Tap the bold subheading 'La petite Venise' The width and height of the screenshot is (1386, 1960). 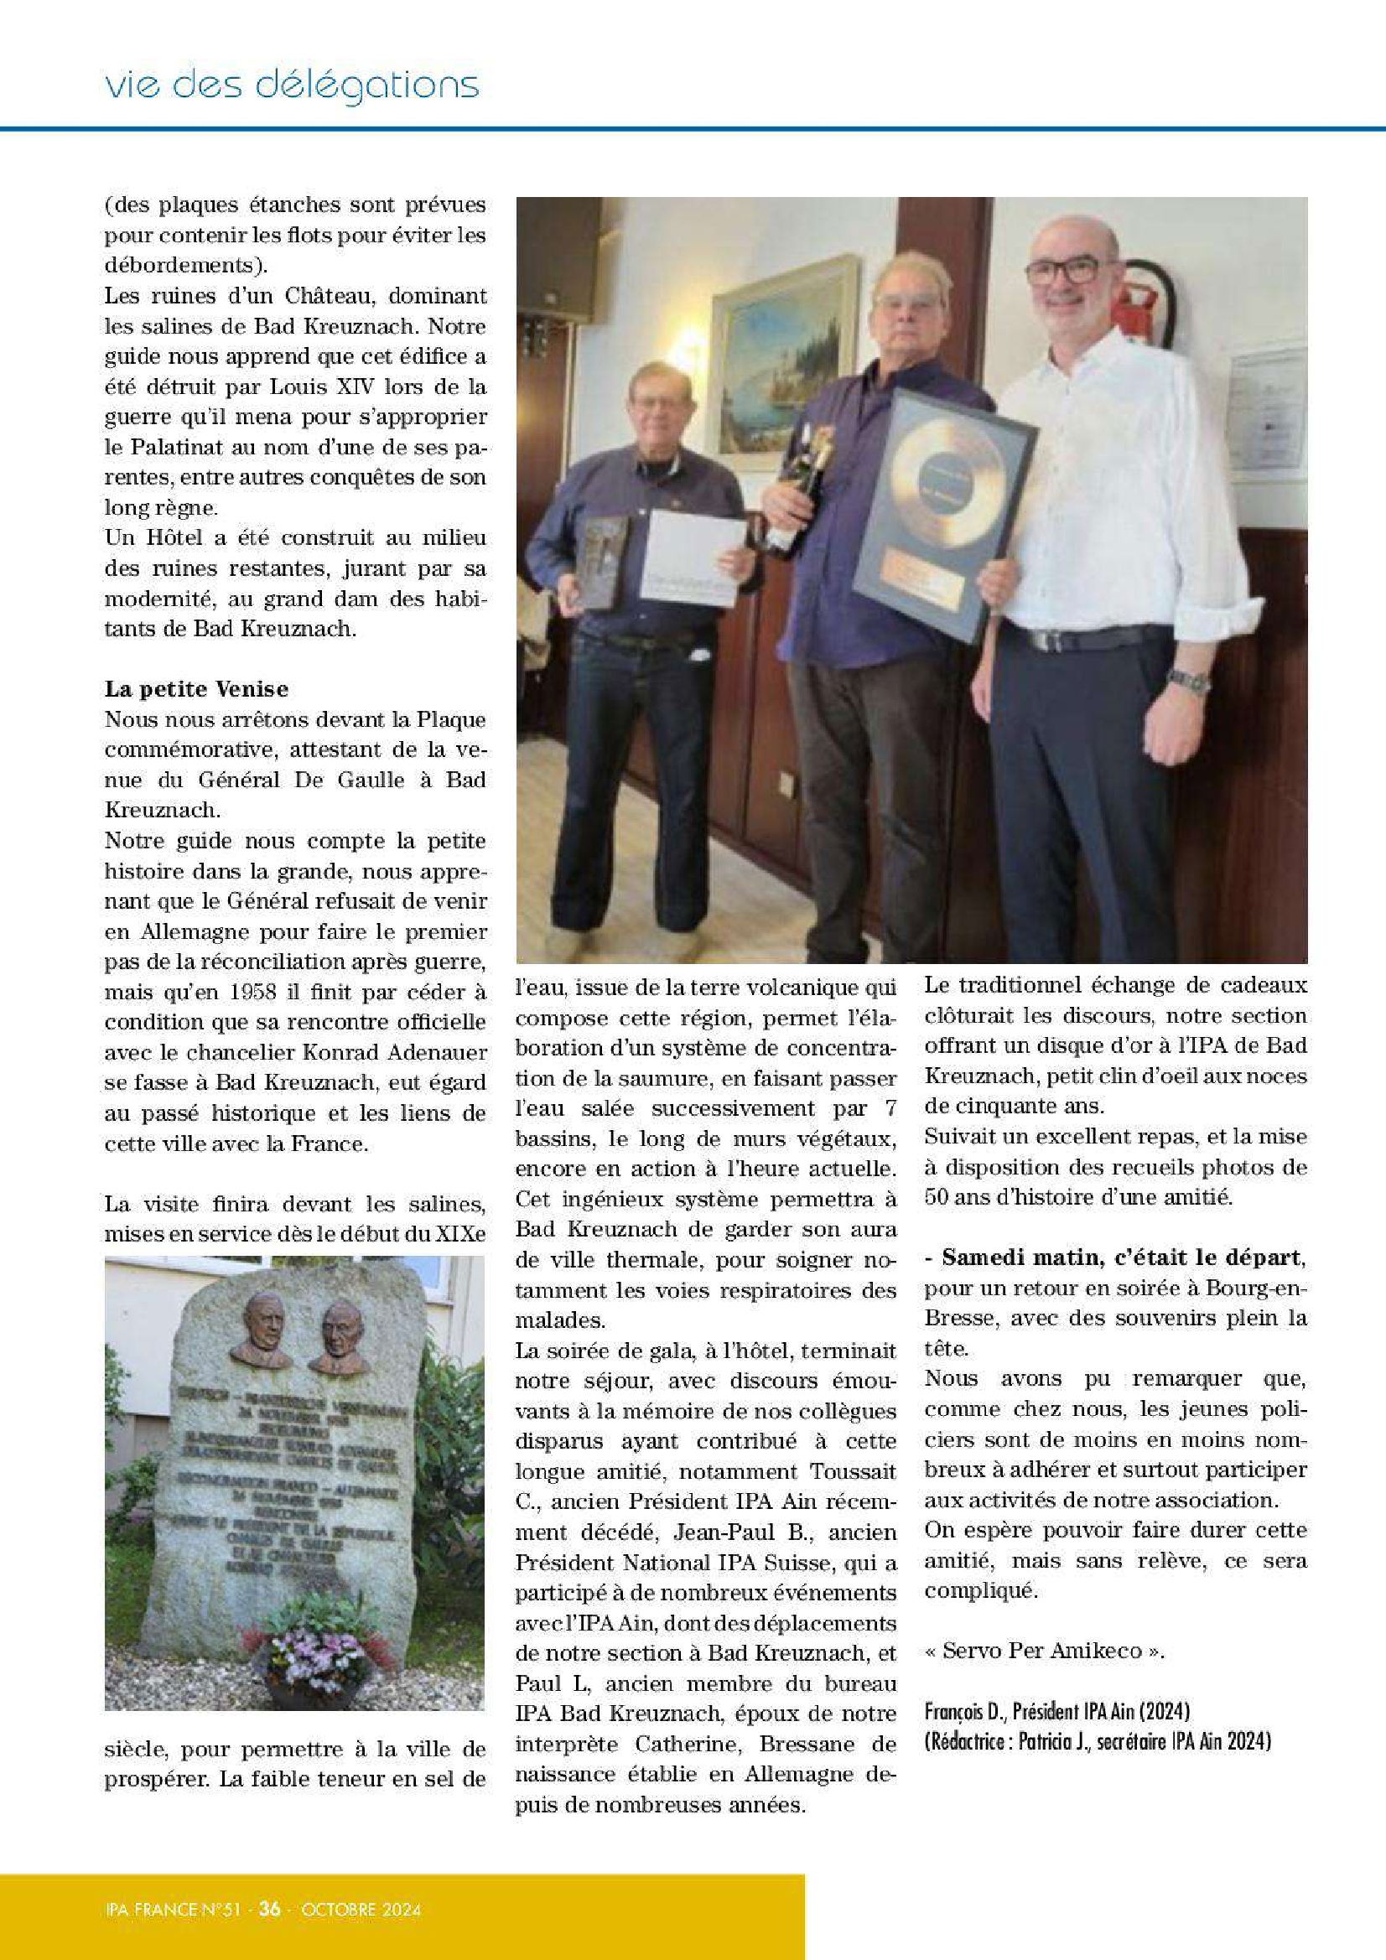[196, 688]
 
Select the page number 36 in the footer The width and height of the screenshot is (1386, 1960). [270, 1909]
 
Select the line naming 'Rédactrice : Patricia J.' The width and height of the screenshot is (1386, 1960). [1097, 1741]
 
